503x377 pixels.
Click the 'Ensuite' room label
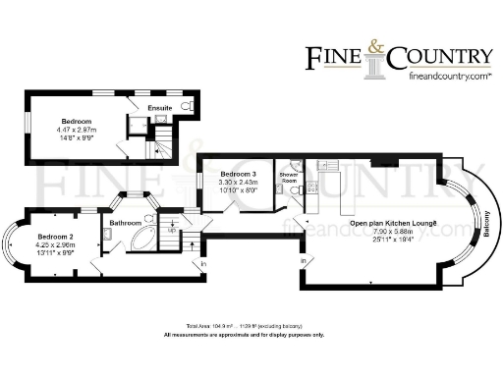tap(159, 107)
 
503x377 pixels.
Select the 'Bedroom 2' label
tap(56, 238)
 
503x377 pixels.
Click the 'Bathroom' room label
tap(126, 223)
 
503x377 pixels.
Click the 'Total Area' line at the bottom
tap(249, 325)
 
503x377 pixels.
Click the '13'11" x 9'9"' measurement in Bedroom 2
tap(56, 253)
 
